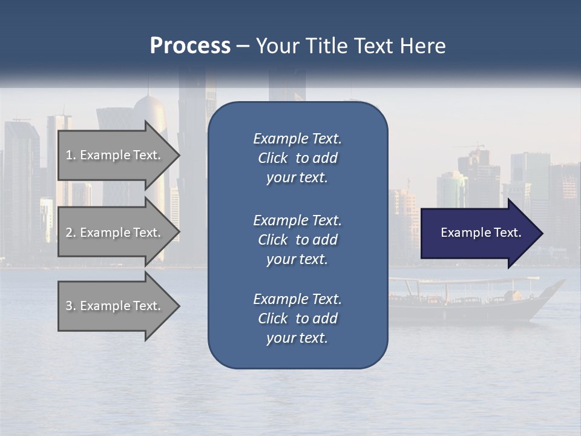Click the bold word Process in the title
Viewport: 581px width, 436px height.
[x=190, y=46]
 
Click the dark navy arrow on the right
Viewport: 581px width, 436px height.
[x=478, y=233]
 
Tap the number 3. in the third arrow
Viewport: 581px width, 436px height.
[x=70, y=306]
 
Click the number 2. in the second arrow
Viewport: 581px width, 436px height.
[x=70, y=233]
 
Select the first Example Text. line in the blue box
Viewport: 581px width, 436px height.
[x=297, y=139]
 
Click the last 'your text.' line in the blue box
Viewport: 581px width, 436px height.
[x=297, y=338]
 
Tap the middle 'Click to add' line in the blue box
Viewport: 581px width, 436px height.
[x=297, y=240]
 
